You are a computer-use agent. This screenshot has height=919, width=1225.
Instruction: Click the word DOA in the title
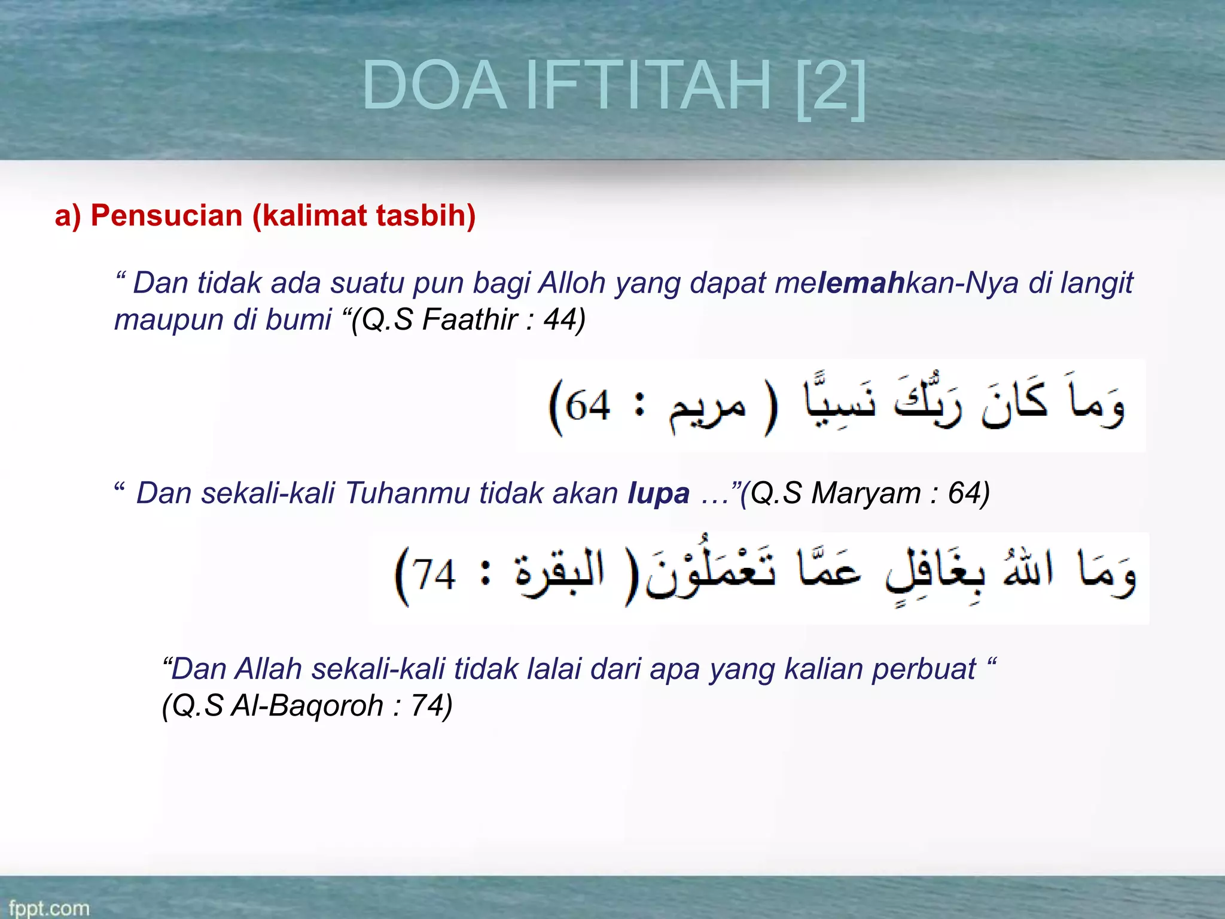pyautogui.click(x=434, y=86)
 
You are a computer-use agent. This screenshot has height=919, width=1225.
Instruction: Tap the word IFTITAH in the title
pyautogui.click(x=648, y=86)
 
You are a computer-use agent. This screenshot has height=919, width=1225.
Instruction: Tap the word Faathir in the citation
pyautogui.click(x=470, y=319)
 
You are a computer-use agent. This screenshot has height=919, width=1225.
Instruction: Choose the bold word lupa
pyautogui.click(x=659, y=494)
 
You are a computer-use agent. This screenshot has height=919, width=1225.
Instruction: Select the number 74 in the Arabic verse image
pyautogui.click(x=434, y=575)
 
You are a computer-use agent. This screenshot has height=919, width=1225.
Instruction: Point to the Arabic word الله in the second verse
pyautogui.click(x=1029, y=568)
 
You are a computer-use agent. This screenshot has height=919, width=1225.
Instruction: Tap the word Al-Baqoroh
pyautogui.click(x=307, y=705)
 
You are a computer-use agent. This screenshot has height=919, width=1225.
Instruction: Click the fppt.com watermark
pyautogui.click(x=49, y=908)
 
